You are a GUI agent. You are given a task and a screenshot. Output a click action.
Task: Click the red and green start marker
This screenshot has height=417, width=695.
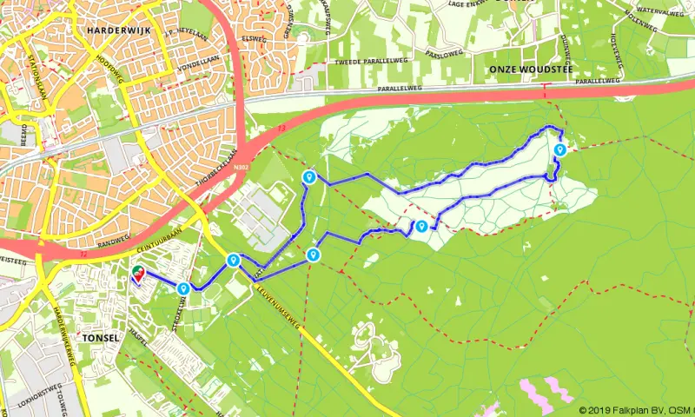pyautogui.click(x=136, y=275)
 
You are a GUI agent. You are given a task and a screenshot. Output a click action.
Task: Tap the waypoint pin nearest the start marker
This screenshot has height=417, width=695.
pyautogui.click(x=183, y=288)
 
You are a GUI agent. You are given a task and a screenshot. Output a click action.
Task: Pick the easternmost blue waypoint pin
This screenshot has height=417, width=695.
pyautogui.click(x=560, y=149)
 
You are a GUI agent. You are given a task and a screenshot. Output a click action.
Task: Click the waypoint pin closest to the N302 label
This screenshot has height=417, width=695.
pyautogui.click(x=308, y=177)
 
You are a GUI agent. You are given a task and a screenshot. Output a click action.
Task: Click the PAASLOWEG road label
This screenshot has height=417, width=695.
pyautogui.click(x=442, y=53)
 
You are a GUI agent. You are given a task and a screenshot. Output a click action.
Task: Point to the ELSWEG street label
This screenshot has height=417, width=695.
pyautogui.click(x=255, y=38)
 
